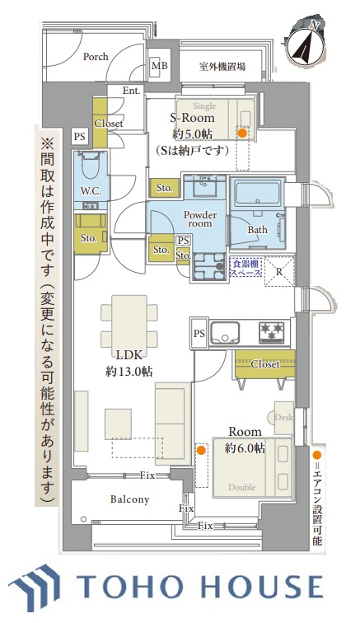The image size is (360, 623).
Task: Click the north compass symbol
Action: (306, 43)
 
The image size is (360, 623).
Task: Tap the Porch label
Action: (96, 56)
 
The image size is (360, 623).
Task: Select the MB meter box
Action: (159, 66)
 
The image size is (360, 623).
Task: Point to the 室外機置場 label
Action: (222, 67)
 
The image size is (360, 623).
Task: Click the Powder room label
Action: (200, 219)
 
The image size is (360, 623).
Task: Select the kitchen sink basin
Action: (225, 333)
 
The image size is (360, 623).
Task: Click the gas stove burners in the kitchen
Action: (272, 332)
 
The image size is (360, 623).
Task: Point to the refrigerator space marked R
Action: (279, 272)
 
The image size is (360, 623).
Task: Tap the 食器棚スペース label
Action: (246, 268)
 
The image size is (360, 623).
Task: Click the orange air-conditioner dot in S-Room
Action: (241, 133)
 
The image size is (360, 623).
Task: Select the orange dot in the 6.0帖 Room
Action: (202, 450)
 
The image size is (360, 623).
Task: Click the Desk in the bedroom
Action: (283, 417)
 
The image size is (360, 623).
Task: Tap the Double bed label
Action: (241, 487)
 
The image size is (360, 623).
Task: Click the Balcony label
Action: (129, 499)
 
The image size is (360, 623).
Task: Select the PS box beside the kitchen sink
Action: (199, 333)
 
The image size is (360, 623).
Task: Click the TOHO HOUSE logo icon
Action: (35, 587)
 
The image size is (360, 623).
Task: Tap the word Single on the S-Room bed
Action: (204, 105)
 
